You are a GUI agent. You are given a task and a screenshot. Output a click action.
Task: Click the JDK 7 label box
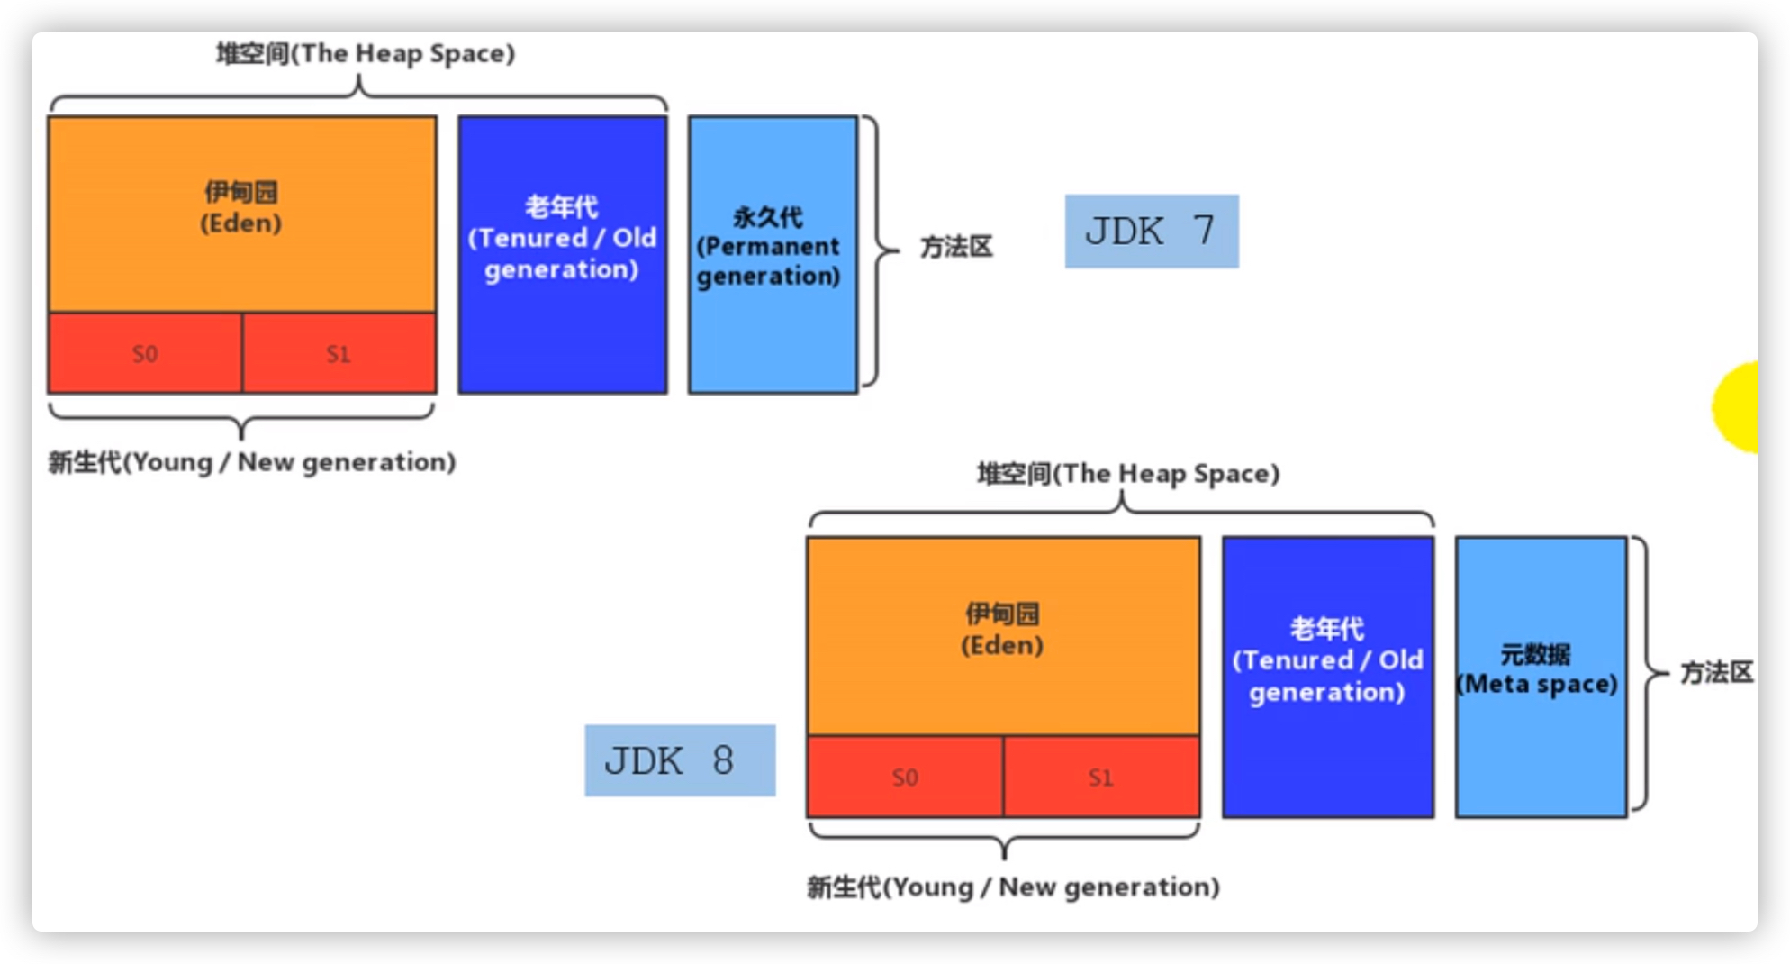1151,232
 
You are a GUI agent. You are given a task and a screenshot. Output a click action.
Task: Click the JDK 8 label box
679,760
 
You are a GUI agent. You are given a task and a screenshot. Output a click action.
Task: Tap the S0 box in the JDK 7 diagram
145,353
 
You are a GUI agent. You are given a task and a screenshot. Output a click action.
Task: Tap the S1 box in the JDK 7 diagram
339,353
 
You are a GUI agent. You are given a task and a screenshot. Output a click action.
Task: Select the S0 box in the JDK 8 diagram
904,777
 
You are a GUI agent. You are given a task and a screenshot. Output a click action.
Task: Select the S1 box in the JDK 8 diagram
1100,777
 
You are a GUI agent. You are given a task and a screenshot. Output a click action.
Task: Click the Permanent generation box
772,254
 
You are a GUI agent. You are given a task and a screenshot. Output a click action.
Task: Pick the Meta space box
1541,677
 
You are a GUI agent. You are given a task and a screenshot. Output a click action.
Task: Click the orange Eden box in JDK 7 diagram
241,213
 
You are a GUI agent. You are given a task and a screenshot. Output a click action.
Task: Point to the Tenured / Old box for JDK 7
562,254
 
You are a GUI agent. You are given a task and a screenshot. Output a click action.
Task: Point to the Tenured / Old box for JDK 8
1327,677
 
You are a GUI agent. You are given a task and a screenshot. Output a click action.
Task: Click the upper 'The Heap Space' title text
366,53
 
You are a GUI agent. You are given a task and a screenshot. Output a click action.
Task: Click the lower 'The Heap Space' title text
1128,474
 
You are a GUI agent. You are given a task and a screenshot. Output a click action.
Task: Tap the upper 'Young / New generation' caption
252,462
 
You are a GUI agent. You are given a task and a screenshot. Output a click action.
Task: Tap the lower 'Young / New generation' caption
1013,887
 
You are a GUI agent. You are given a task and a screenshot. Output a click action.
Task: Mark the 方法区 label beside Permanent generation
955,247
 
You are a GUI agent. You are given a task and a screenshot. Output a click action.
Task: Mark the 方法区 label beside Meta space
1716,672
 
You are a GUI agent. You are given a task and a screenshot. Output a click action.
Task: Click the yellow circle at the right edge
1738,407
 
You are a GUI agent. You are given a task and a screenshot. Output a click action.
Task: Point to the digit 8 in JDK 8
722,760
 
